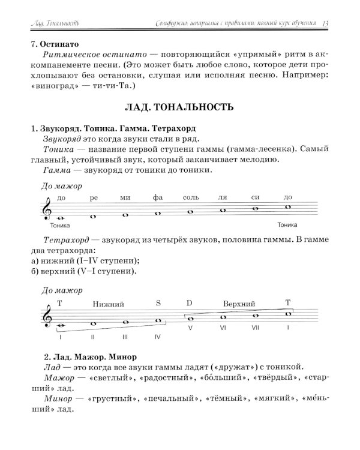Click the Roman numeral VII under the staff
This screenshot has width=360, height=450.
pyautogui.click(x=255, y=328)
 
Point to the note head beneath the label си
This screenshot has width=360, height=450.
pyautogui.click(x=256, y=209)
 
